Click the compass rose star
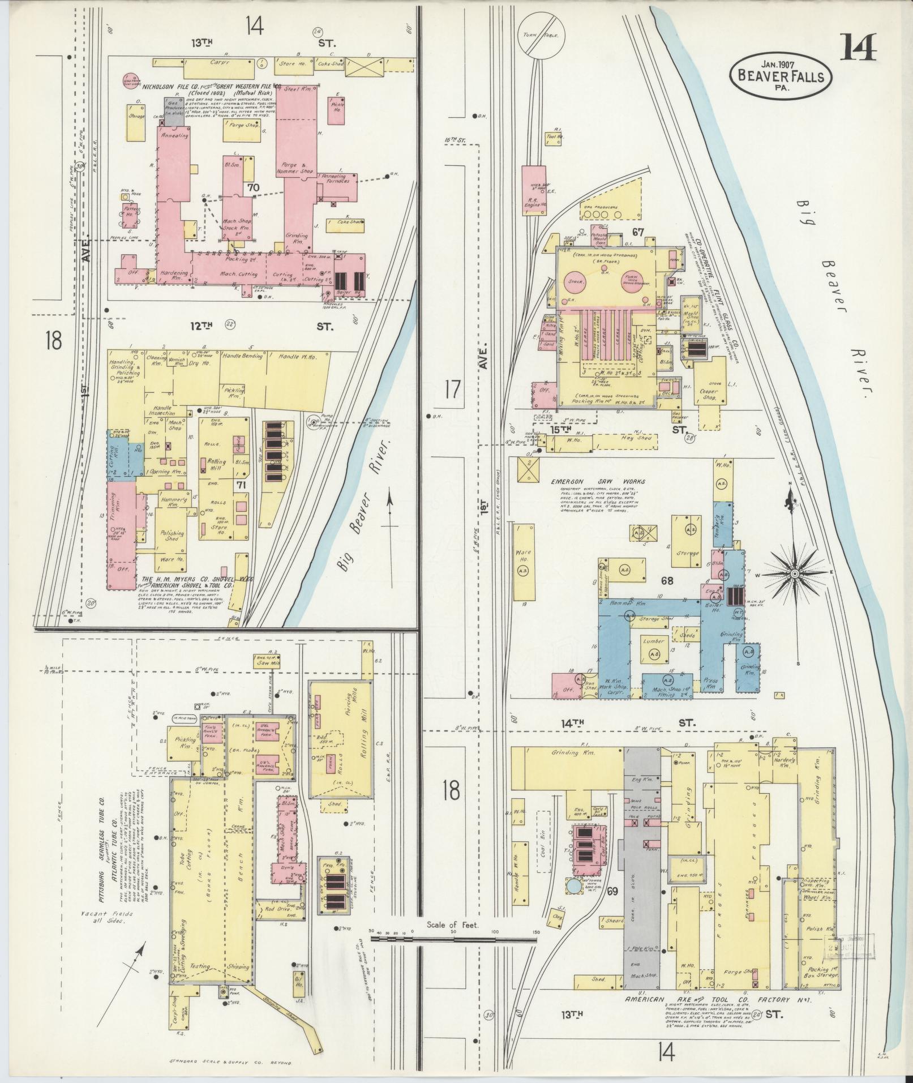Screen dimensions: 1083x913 pos(795,573)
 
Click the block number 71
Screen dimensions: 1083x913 pos(241,485)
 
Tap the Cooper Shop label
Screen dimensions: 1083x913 pos(709,394)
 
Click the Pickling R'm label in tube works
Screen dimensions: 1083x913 pos(185,742)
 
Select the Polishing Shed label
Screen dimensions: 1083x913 pos(171,536)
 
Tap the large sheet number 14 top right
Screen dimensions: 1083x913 pos(857,48)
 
